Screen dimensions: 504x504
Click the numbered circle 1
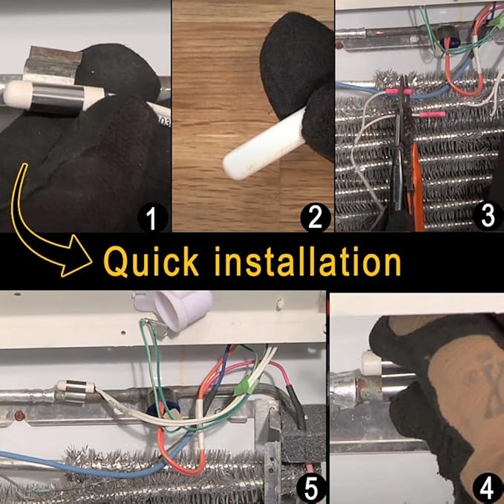(153, 217)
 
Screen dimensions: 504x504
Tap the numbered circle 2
(315, 217)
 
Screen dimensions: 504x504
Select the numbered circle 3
(488, 215)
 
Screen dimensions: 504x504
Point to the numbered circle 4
(486, 488)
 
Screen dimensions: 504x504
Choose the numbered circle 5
(311, 488)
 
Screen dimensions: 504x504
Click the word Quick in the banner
(151, 261)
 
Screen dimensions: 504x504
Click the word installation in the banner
(307, 261)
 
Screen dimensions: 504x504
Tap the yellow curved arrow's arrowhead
(76, 256)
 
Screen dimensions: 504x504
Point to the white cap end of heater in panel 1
(16, 94)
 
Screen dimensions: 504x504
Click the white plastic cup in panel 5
(183, 310)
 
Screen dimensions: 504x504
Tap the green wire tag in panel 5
(243, 387)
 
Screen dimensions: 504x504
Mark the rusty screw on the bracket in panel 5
(21, 416)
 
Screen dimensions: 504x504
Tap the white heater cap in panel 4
(370, 361)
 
